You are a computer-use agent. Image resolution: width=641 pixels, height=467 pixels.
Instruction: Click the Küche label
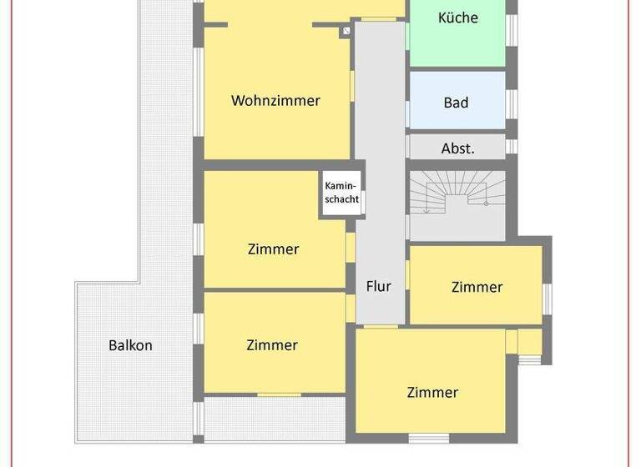457,17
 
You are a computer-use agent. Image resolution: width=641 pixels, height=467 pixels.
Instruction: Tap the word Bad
456,103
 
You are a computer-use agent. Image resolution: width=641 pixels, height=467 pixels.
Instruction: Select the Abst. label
457,148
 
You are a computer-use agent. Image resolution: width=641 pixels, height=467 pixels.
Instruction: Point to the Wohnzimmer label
275,100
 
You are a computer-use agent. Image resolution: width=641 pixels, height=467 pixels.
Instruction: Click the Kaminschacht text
342,193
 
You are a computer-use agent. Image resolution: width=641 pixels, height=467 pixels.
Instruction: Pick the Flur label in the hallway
379,286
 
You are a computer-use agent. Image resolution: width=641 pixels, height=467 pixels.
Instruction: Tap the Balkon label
130,345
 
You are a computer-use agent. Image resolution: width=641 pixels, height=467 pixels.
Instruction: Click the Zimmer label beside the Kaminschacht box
273,249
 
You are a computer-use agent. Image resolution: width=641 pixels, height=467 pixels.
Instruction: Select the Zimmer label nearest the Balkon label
272,345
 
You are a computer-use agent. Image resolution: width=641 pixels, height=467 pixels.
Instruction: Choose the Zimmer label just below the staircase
477,287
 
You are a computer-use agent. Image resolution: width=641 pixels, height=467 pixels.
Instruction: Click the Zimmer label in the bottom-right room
432,392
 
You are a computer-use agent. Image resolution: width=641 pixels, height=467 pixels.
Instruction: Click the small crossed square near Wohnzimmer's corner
346,32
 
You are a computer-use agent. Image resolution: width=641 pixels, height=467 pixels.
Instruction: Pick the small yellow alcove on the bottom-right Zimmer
529,342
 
